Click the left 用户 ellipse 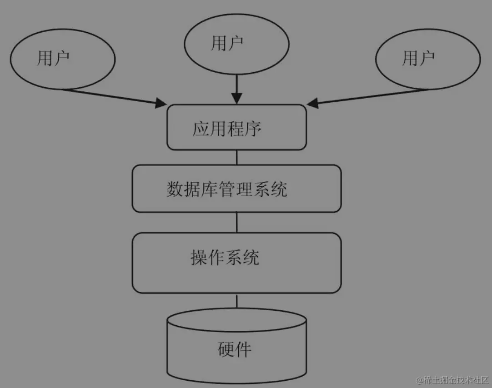pyautogui.click(x=62, y=59)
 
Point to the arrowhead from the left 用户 pyautogui.click(x=161, y=103)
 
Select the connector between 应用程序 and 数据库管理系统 pyautogui.click(x=236, y=157)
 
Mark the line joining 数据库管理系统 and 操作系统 pyautogui.click(x=236, y=222)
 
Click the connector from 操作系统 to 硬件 pyautogui.click(x=236, y=301)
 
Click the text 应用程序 pyautogui.click(x=227, y=129)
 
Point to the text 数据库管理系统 pyautogui.click(x=227, y=189)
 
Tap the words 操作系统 pyautogui.click(x=225, y=258)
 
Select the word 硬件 pyautogui.click(x=234, y=349)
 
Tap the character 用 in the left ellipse pyautogui.click(x=45, y=59)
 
